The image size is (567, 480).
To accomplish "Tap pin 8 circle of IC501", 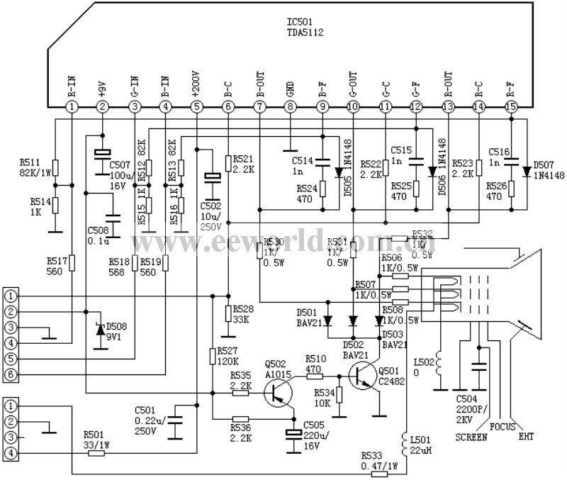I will click(x=290, y=106).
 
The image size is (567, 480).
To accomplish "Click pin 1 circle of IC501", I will click(x=71, y=106).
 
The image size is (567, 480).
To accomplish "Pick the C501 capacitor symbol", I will click(x=176, y=424).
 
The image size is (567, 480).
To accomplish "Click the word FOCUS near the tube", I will click(x=503, y=427).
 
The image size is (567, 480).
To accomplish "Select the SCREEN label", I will click(x=471, y=437).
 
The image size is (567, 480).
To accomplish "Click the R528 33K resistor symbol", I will click(x=228, y=313).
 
